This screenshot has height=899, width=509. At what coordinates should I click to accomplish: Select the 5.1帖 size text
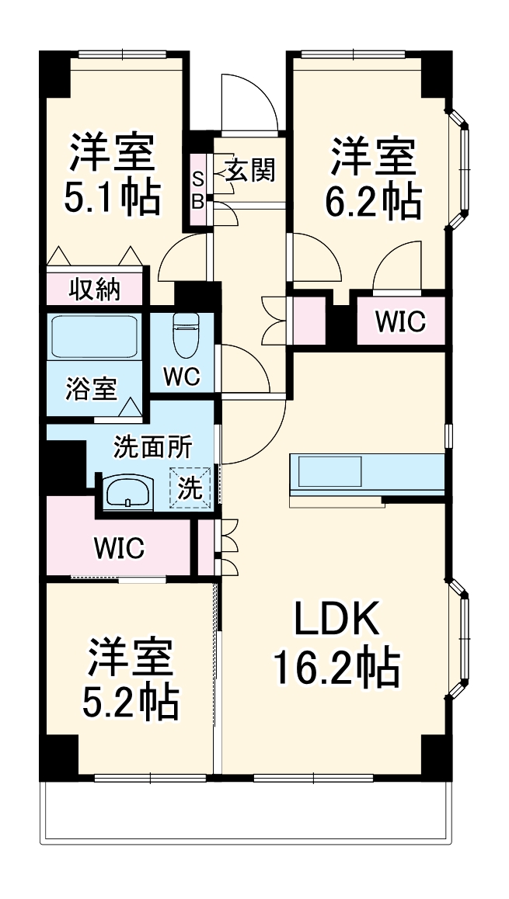(x=113, y=196)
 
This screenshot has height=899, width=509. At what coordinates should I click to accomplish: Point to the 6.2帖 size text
(x=373, y=201)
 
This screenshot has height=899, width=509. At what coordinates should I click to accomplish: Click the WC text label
(x=182, y=377)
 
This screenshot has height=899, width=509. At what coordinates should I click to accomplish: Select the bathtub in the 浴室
(x=94, y=337)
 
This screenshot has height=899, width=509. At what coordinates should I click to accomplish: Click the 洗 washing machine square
(x=191, y=488)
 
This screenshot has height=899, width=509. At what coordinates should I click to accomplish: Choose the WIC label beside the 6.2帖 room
(x=401, y=321)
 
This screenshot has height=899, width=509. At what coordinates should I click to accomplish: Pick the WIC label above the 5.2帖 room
(x=119, y=548)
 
